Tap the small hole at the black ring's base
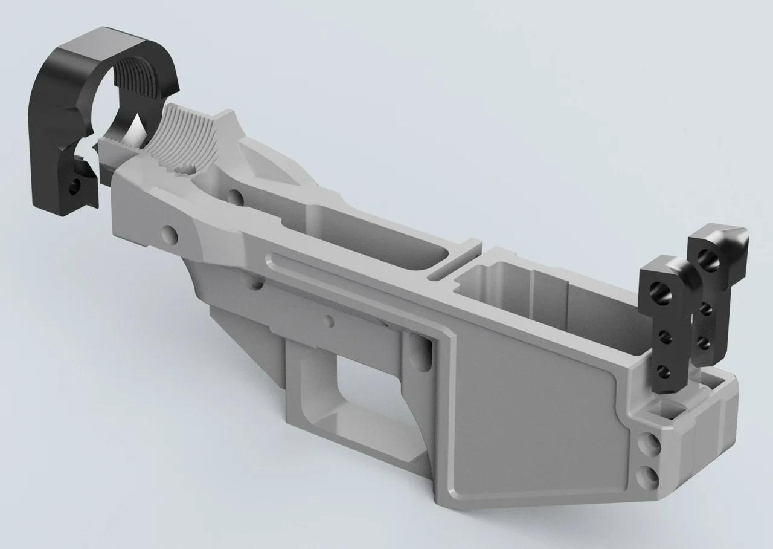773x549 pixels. pyautogui.click(x=74, y=187)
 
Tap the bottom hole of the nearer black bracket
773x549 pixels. pyautogui.click(x=662, y=370)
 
